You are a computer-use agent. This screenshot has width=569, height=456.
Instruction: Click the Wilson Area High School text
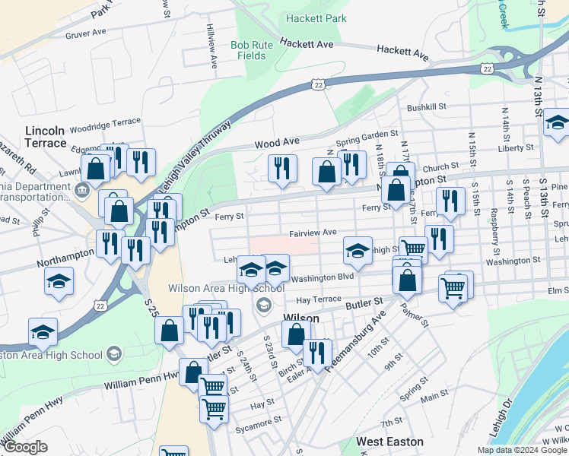[x=227, y=288]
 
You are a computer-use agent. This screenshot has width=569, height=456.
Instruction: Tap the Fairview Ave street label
[x=313, y=233]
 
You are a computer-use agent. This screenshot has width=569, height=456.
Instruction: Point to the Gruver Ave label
[x=85, y=33]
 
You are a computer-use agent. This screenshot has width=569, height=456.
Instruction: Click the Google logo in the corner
[x=25, y=447]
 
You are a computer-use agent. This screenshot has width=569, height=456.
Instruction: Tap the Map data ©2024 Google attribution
[x=522, y=450]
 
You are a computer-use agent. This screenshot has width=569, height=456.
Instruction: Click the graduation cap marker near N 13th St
[x=557, y=124]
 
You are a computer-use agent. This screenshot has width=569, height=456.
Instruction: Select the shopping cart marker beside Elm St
[x=453, y=290]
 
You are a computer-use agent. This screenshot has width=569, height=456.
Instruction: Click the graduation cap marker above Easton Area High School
[x=43, y=331]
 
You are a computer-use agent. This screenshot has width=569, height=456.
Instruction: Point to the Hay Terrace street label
[x=319, y=299]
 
